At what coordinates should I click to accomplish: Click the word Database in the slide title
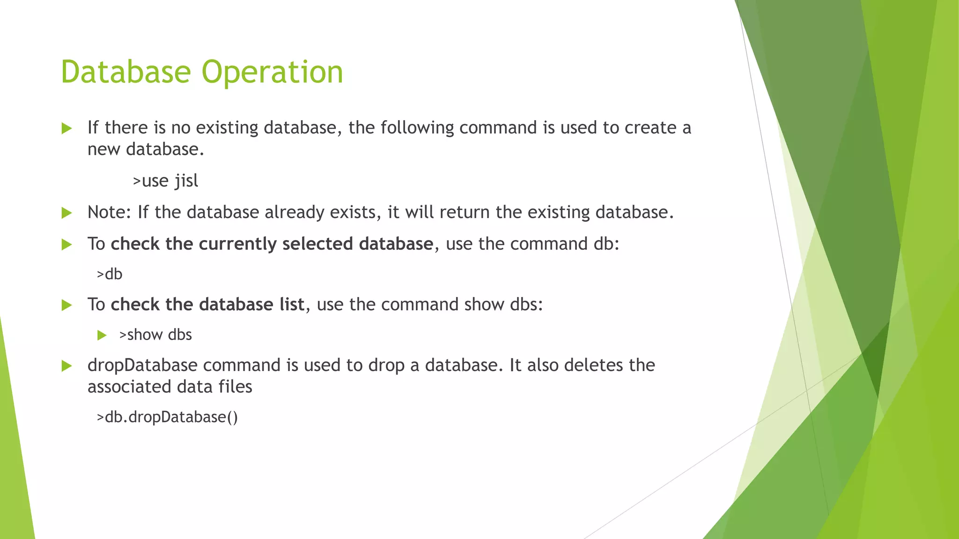tap(125, 72)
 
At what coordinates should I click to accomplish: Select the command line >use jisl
tap(165, 181)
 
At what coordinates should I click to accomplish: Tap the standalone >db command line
tap(110, 274)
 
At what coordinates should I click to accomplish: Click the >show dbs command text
tap(155, 335)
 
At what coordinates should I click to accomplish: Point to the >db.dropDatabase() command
tap(167, 417)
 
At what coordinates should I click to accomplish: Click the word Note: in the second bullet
tap(110, 212)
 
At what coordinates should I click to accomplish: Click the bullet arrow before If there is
tap(66, 128)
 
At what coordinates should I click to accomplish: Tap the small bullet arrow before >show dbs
tap(102, 335)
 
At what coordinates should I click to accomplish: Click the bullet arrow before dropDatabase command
tap(66, 366)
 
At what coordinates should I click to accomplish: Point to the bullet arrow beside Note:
tap(66, 213)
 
